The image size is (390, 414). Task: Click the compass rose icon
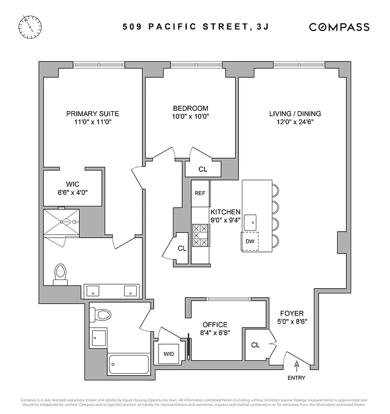click(31, 26)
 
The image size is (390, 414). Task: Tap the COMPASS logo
click(339, 27)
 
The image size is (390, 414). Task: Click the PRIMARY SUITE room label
click(93, 114)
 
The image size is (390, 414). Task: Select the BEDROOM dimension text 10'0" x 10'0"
click(191, 116)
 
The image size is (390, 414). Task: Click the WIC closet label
click(72, 184)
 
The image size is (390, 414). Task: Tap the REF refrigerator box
click(200, 193)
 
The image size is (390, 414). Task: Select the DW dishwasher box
click(250, 242)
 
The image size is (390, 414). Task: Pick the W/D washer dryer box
click(169, 354)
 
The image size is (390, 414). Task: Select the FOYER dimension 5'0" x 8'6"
click(292, 321)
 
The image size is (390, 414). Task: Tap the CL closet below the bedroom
click(203, 169)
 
